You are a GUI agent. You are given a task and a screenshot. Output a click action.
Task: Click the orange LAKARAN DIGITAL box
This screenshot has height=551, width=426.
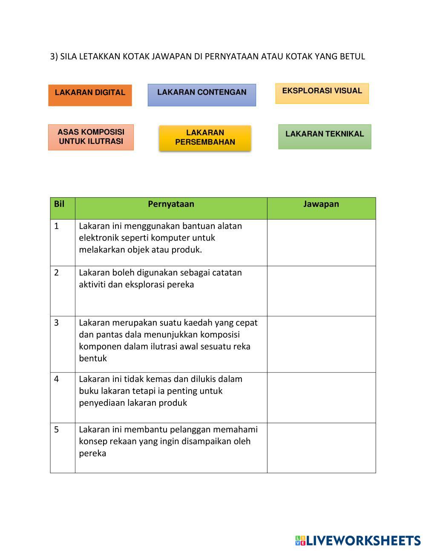[x=90, y=95]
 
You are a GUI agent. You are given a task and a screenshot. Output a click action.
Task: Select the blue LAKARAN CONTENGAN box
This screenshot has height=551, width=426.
[x=201, y=95]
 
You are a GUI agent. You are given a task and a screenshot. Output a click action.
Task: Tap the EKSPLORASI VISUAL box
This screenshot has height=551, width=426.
[x=322, y=93]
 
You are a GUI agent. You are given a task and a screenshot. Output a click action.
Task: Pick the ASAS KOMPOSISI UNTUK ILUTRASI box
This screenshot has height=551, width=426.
[x=91, y=137]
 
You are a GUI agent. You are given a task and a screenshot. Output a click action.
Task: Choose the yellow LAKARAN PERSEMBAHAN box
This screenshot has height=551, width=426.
[x=205, y=138]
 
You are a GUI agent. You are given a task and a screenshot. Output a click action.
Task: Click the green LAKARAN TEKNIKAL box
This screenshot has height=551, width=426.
[x=325, y=136]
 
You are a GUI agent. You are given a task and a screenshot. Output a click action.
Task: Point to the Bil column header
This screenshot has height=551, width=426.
[x=59, y=204]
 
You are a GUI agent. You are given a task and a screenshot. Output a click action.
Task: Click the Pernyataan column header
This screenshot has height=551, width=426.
[x=171, y=204]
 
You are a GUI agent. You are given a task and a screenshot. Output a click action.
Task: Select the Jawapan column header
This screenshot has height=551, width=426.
[x=321, y=204]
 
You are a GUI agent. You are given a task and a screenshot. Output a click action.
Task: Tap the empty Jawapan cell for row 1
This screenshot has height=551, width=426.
[x=321, y=242]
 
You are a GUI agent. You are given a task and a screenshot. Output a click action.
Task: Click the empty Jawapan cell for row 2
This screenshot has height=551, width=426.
[x=321, y=291]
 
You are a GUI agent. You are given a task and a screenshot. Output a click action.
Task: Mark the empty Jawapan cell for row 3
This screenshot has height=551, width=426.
[x=321, y=344]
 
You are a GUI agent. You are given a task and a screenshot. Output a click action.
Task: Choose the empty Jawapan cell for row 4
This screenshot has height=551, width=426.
[x=321, y=397]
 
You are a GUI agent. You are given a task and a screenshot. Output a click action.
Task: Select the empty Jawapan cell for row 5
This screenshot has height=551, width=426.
[x=321, y=448]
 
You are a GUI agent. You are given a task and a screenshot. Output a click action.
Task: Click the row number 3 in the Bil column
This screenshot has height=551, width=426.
[x=57, y=323]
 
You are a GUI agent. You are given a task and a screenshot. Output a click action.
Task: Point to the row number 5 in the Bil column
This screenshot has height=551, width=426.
[x=57, y=430]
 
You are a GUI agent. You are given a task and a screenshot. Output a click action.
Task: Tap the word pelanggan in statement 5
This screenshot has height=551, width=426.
[x=190, y=430]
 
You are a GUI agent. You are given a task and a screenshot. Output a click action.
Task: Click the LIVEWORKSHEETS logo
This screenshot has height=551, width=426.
[x=358, y=540]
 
